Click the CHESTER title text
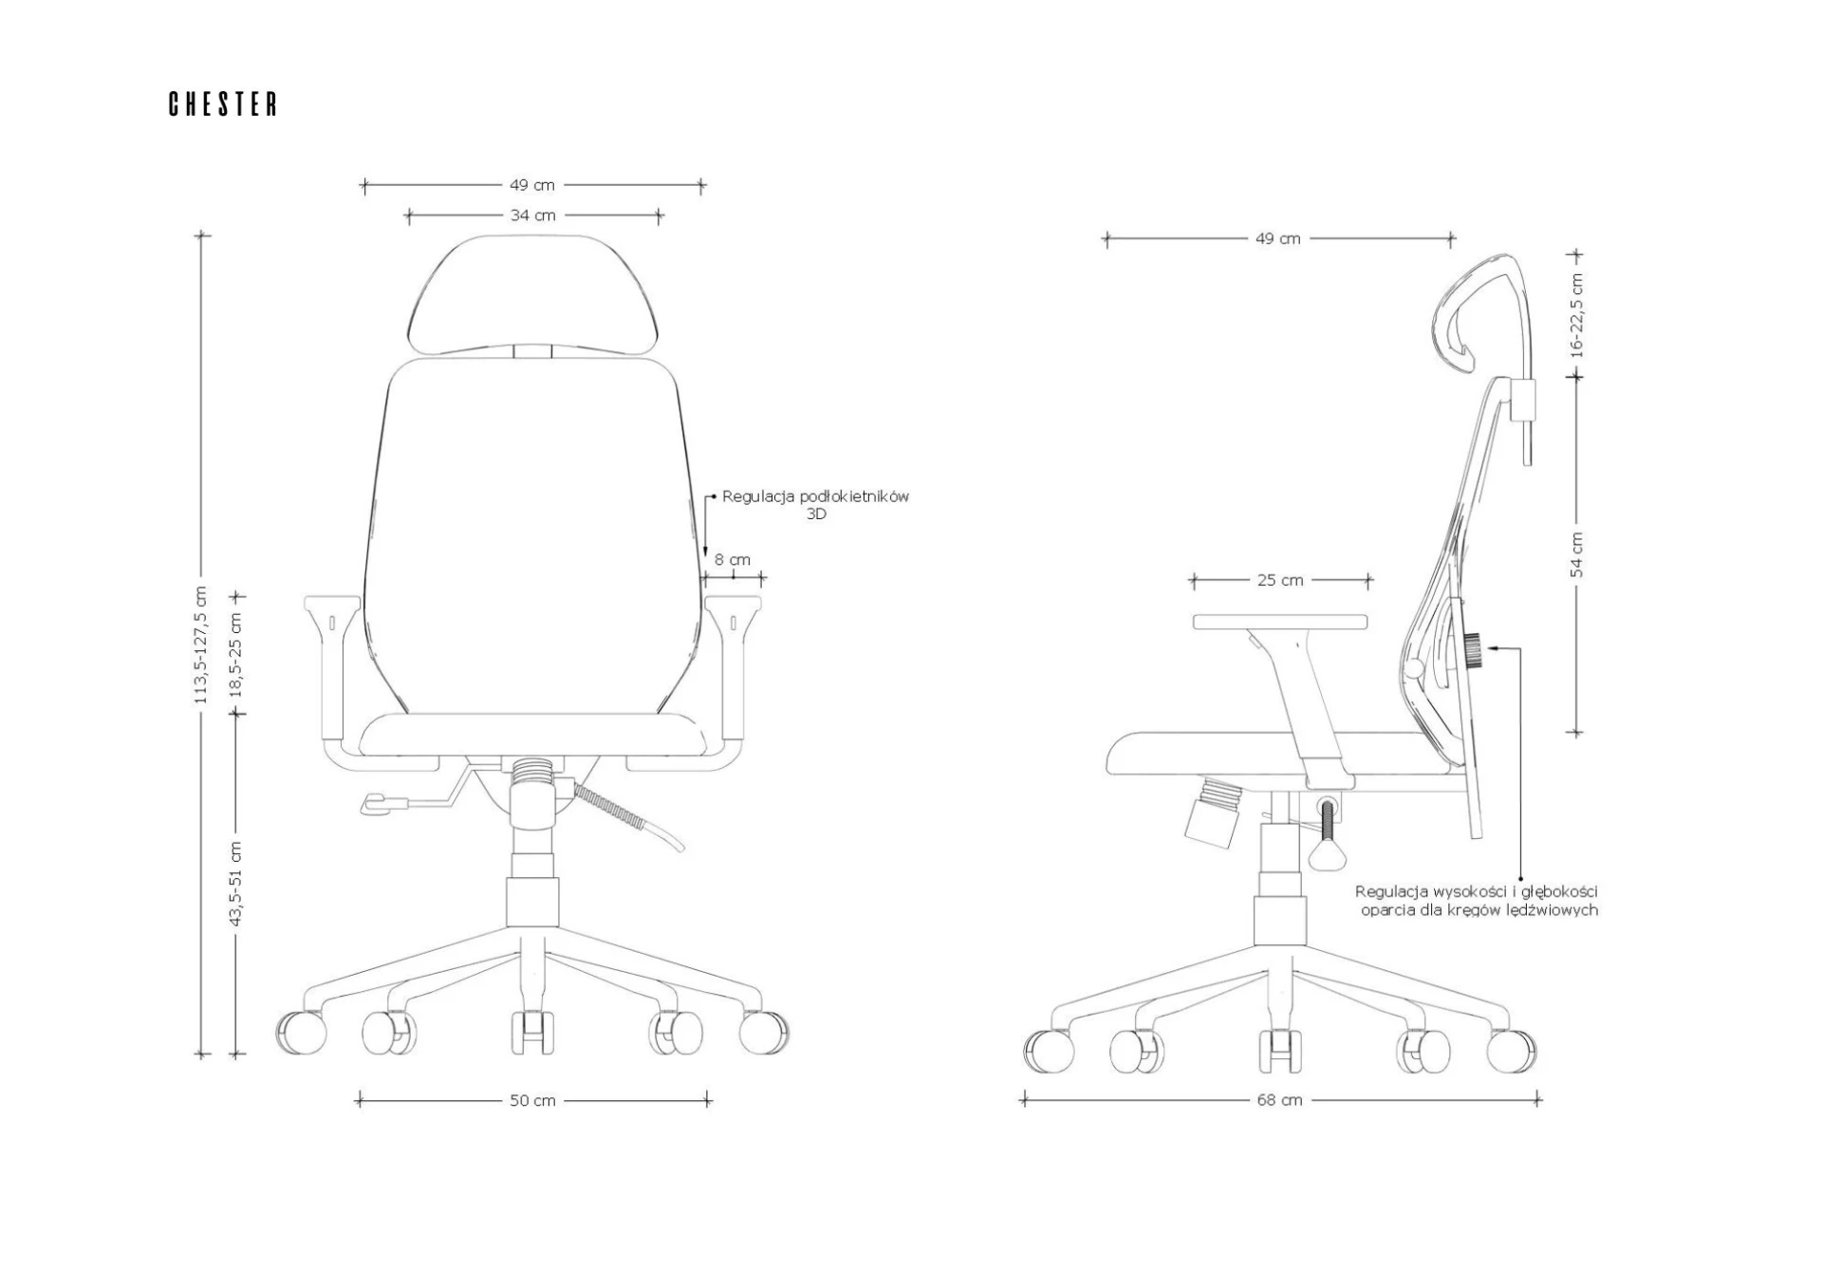[223, 104]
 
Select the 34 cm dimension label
[532, 215]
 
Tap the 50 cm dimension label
[532, 1100]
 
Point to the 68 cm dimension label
[1279, 1100]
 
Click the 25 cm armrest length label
[1280, 580]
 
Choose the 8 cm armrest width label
[733, 560]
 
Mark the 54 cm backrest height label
[1576, 554]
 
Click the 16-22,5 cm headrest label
[1576, 315]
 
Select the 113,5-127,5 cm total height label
[200, 645]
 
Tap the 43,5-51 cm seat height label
[236, 884]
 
